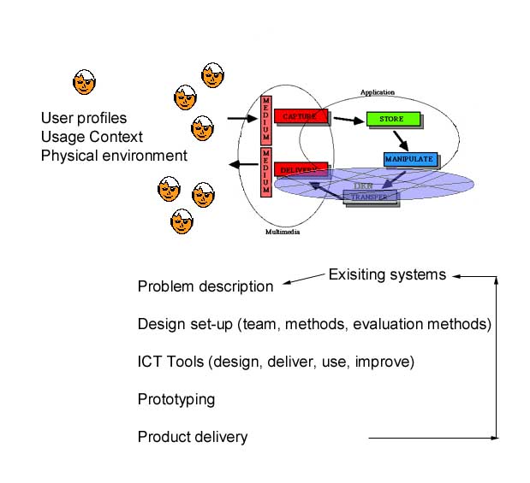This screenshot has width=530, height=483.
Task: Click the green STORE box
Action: [x=390, y=120]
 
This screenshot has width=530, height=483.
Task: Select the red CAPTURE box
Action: [x=301, y=115]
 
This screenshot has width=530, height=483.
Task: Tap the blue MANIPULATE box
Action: [x=411, y=159]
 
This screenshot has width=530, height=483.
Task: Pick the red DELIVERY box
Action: [x=301, y=169]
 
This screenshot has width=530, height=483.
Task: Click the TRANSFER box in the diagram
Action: [x=371, y=197]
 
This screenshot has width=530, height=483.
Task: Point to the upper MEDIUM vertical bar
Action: [x=266, y=120]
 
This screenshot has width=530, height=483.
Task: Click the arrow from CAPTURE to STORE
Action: [x=346, y=120]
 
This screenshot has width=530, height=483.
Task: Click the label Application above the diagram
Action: [x=378, y=92]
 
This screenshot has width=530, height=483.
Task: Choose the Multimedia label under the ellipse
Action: [x=283, y=232]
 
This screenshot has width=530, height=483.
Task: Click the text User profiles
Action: [x=84, y=118]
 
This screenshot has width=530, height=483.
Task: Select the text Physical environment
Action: [x=114, y=156]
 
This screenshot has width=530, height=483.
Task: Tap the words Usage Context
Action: [x=92, y=137]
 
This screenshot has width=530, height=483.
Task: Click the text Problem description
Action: [x=205, y=286]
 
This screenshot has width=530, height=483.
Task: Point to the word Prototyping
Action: [x=176, y=399]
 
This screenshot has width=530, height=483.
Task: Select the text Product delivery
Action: [x=193, y=437]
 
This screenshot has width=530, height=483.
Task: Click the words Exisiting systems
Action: [x=387, y=274]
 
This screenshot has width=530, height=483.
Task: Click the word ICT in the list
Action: [x=149, y=362]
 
